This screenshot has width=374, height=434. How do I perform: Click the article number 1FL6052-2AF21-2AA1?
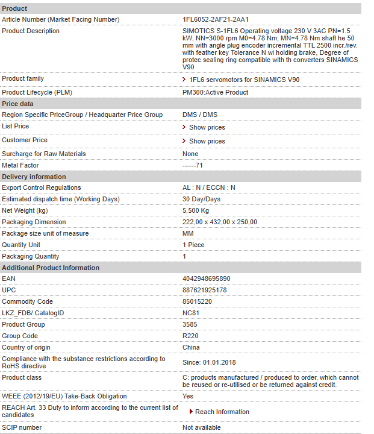216,19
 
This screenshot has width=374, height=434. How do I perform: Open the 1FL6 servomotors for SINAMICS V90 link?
244,80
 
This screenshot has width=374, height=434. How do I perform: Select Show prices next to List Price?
207,127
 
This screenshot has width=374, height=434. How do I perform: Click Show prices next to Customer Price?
207,141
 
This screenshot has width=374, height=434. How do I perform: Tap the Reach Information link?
222,412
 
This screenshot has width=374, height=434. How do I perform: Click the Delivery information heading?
34,177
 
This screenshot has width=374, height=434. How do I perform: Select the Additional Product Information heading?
51,268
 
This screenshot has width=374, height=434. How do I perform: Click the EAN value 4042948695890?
206,279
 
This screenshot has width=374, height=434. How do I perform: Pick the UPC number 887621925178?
205,290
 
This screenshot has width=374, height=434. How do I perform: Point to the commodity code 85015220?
197,301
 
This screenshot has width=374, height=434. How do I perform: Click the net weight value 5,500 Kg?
196,210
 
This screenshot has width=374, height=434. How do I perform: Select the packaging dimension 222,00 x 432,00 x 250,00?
220,222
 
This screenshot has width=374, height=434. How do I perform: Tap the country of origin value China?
191,347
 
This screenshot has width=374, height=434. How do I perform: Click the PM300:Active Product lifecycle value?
215,92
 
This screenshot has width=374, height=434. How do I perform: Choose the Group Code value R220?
190,336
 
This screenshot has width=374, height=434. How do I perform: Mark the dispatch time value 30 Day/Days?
201,199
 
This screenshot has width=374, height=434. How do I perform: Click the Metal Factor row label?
20,165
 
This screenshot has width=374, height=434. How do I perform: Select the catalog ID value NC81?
190,313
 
